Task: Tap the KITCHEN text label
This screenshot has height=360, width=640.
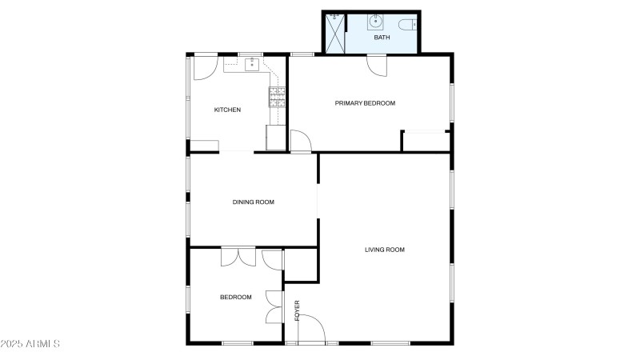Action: [227, 110]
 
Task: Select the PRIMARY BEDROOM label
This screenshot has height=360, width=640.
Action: [365, 102]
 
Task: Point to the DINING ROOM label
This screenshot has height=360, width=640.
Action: [253, 202]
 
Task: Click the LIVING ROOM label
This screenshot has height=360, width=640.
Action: [385, 250]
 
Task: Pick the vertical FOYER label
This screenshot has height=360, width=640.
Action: [297, 311]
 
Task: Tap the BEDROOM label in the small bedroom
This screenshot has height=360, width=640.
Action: [235, 297]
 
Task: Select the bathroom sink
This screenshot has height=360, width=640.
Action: [377, 22]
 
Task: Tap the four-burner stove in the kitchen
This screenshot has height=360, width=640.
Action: [278, 97]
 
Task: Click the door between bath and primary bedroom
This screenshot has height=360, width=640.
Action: [376, 64]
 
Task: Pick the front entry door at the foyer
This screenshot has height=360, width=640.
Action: [312, 328]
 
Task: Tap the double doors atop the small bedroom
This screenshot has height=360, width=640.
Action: [238, 257]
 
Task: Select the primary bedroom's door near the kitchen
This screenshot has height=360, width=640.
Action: [300, 142]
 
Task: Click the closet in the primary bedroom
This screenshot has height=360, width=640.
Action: [425, 140]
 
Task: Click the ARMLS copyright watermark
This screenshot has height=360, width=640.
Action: [30, 344]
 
